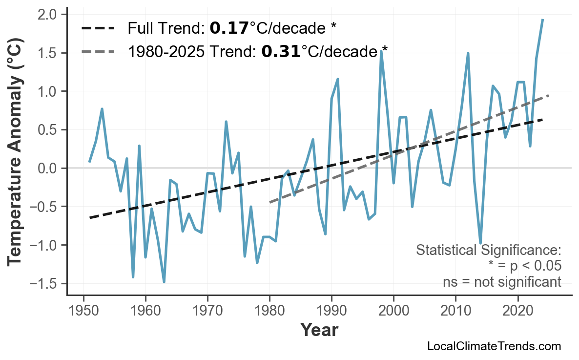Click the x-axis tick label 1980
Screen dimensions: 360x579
[269, 311]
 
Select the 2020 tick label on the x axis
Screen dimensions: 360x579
[517, 311]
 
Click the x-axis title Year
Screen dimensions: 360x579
[319, 330]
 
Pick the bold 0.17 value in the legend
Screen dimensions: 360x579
[229, 28]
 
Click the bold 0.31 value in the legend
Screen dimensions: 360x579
[281, 51]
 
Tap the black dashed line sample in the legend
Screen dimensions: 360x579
[98, 28]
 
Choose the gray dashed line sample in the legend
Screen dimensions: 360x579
[98, 51]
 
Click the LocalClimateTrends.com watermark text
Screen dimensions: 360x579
[494, 346]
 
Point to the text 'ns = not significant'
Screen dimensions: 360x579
[502, 282]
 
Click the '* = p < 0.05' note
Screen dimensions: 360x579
[525, 266]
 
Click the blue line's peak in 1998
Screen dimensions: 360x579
[381, 51]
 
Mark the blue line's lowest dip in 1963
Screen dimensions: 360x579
[164, 282]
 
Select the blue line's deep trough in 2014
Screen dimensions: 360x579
[480, 243]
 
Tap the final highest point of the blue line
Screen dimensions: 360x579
[543, 20]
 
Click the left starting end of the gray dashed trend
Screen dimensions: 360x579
[270, 202]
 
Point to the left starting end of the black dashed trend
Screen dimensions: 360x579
[90, 217]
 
